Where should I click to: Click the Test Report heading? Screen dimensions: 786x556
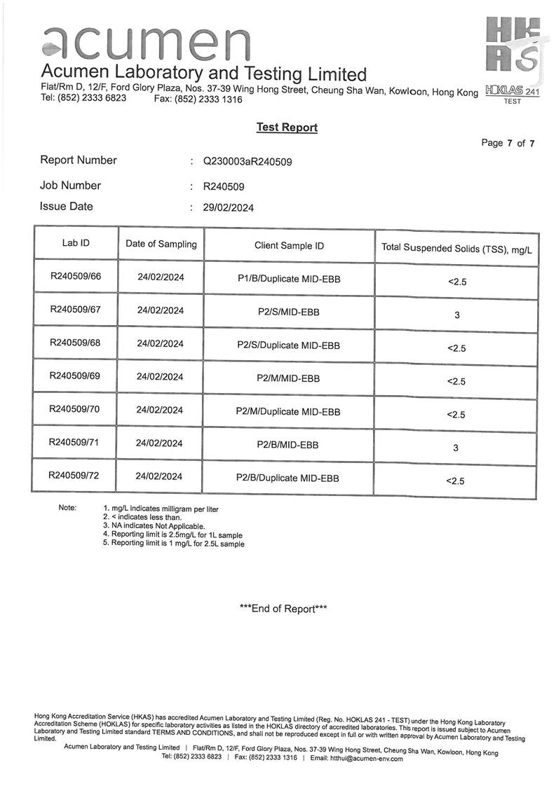287,127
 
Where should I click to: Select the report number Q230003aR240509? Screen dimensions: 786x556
248,161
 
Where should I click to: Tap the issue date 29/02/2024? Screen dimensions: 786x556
229,207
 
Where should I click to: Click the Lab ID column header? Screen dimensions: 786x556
76,243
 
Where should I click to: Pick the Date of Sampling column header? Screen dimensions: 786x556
161,244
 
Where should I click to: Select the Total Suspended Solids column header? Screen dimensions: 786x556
456,248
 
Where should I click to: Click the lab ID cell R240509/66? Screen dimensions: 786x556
76,276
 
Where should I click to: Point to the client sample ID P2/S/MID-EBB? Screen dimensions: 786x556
288,312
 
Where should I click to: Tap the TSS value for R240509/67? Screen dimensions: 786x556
457,315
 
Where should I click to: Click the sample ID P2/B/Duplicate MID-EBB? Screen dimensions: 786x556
288,478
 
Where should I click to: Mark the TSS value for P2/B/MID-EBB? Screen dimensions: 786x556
456,448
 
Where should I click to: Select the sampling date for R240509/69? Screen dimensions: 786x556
160,376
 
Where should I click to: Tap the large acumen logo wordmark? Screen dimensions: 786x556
146,43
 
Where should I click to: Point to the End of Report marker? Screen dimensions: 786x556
283,609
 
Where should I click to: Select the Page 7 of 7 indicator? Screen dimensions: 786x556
508,143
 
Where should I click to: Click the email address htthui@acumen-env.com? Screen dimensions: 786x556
366,757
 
